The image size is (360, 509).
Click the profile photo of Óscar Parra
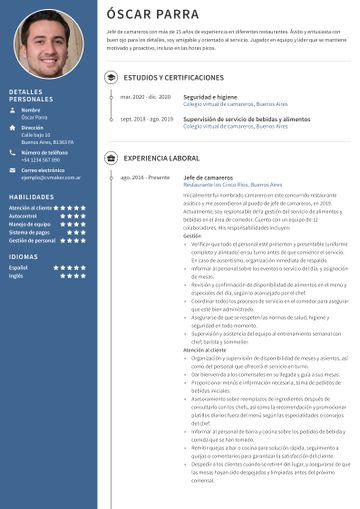(49, 44)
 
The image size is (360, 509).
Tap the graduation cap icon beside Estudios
(111, 76)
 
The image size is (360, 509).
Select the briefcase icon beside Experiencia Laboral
(111, 158)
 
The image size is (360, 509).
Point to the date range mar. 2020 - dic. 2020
(145, 97)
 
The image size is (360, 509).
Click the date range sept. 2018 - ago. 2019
(146, 119)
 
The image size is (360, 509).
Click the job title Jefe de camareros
(210, 177)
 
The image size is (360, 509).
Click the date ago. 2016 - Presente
(145, 177)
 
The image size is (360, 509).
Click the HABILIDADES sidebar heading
(31, 198)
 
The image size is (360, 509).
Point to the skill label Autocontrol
(23, 216)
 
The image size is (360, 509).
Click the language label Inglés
(16, 276)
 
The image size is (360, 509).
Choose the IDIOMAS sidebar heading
(23, 257)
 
